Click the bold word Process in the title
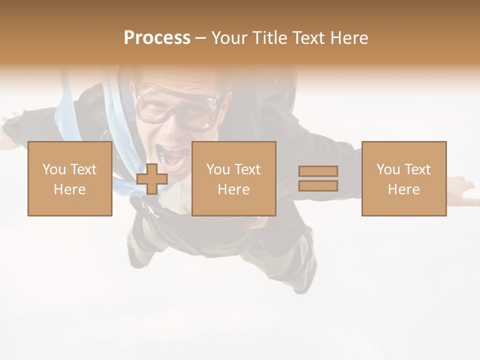coord(157,38)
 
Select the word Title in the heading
coord(267,38)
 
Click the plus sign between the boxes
coord(152,179)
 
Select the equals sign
coord(318,178)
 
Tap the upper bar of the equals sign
coord(318,171)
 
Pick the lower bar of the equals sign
coord(318,185)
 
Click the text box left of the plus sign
coord(70,179)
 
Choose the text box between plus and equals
coord(234,179)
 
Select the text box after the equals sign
coord(404,179)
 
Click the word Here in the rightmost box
coord(404,189)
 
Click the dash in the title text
coord(201,38)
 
